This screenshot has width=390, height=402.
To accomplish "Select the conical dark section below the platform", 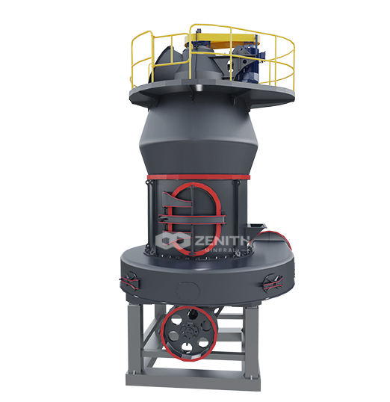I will (x=196, y=138).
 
